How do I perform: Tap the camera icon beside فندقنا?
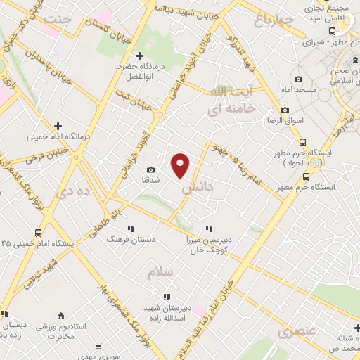click(x=151, y=169)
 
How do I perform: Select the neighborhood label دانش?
click(x=196, y=188)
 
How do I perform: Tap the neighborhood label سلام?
click(x=161, y=271)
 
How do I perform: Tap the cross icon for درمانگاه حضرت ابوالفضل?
click(x=139, y=56)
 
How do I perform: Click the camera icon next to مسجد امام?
click(x=299, y=79)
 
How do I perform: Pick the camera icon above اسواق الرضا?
click(x=285, y=110)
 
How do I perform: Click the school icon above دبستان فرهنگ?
click(x=131, y=229)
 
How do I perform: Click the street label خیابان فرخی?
click(x=45, y=150)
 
